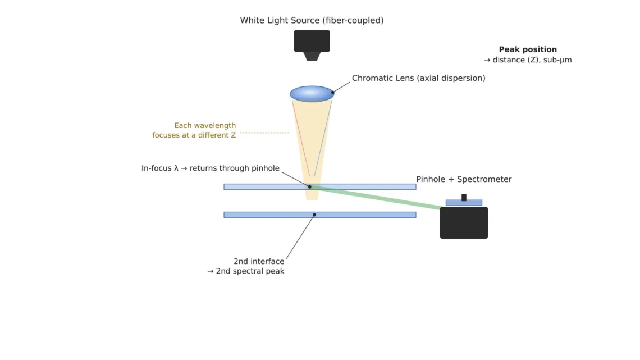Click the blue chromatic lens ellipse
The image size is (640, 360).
[312, 93]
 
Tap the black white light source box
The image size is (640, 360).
[312, 41]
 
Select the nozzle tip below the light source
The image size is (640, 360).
[312, 56]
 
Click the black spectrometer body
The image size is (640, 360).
[464, 222]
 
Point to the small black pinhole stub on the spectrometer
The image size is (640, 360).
[464, 197]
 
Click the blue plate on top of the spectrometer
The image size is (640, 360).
[464, 203]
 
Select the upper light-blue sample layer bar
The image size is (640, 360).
[319, 187]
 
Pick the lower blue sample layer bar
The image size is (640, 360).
[319, 215]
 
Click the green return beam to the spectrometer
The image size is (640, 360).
[376, 198]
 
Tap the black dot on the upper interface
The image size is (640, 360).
[310, 187]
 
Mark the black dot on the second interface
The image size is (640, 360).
[314, 215]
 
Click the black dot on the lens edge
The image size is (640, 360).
[333, 92]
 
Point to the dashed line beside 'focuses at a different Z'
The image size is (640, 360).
[264, 133]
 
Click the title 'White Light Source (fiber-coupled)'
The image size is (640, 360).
[312, 20]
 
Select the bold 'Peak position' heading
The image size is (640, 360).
[528, 49]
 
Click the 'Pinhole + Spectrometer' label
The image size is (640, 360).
[464, 179]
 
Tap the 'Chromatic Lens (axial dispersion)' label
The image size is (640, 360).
[418, 78]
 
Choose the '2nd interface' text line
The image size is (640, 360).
[259, 261]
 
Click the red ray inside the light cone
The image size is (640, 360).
[301, 138]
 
